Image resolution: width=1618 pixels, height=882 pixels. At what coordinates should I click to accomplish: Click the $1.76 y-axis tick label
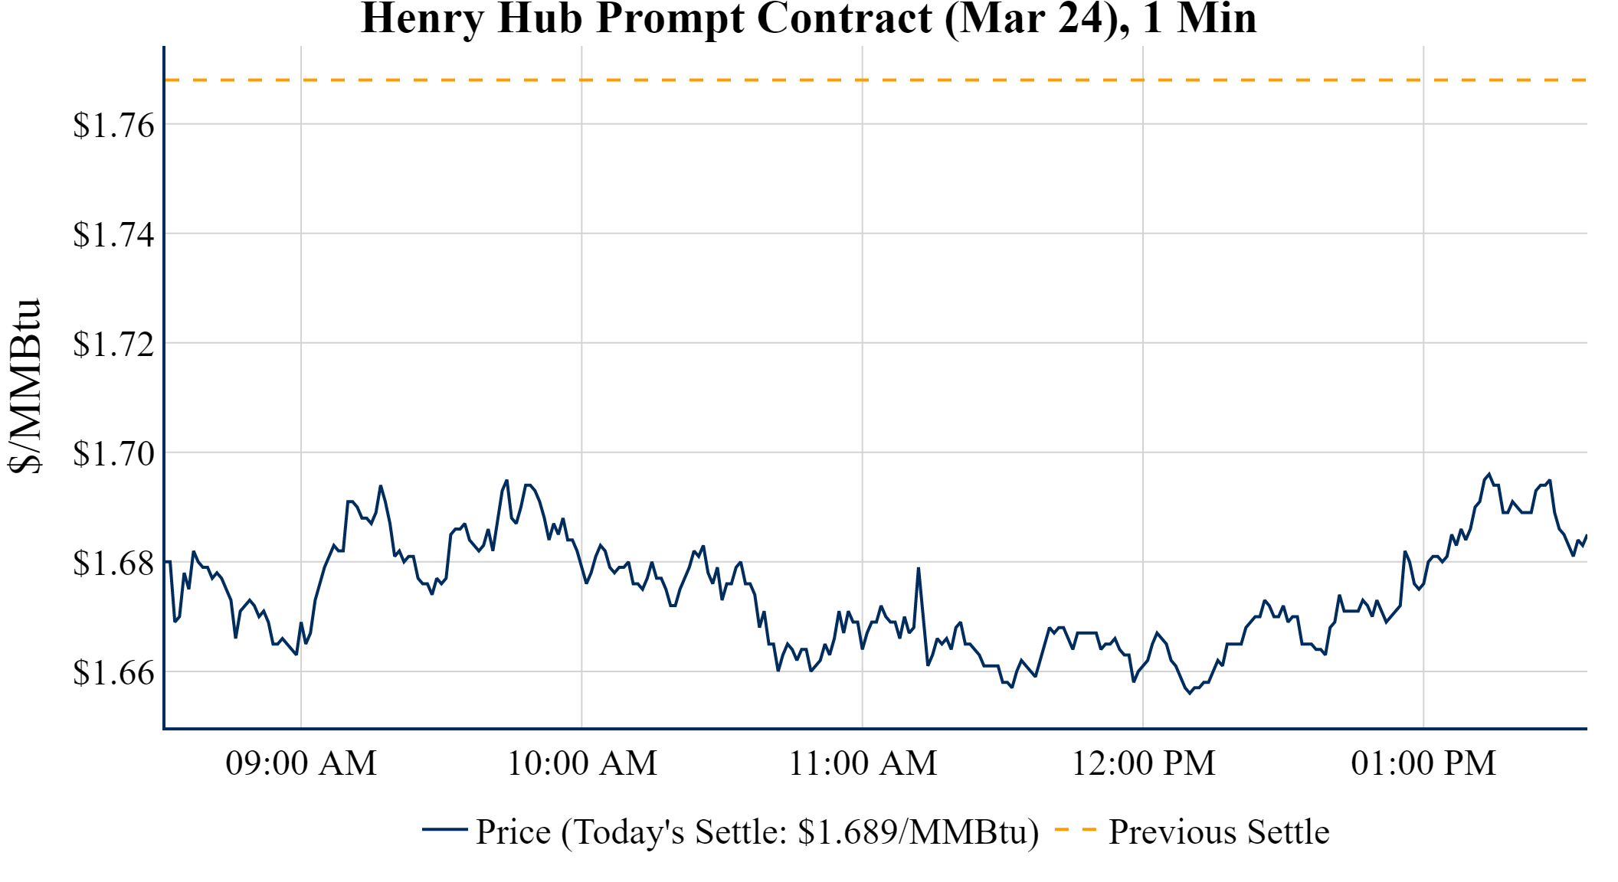click(113, 125)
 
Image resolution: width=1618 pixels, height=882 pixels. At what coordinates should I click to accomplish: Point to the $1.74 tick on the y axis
click(113, 234)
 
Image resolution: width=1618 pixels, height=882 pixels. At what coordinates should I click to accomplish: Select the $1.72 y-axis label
click(113, 344)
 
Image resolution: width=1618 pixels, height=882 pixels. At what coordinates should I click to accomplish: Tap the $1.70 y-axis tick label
click(113, 453)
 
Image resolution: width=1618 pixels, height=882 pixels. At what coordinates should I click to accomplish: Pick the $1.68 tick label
click(113, 563)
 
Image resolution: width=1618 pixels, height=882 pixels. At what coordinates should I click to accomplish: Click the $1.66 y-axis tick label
click(113, 672)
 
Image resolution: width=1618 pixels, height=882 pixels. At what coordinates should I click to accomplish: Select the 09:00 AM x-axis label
click(301, 763)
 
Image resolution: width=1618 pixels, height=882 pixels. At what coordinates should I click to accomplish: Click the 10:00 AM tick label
click(582, 763)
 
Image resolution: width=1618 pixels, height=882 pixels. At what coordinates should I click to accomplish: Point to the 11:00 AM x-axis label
click(863, 763)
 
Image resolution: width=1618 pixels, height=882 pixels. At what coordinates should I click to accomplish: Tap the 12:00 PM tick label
click(1143, 763)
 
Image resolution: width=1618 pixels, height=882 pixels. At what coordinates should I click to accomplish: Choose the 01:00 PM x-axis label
click(1423, 763)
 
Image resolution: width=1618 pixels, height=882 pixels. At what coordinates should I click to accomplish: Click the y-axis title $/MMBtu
click(25, 387)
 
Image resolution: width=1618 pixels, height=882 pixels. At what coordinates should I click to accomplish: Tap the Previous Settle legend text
click(1219, 831)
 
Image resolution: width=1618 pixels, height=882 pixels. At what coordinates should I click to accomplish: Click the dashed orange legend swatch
click(1076, 829)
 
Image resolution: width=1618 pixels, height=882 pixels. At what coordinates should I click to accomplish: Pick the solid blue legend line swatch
click(444, 829)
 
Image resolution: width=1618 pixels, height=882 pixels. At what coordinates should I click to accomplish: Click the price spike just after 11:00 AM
click(919, 568)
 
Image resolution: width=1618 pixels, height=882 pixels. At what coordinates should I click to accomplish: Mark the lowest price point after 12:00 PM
click(1190, 693)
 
